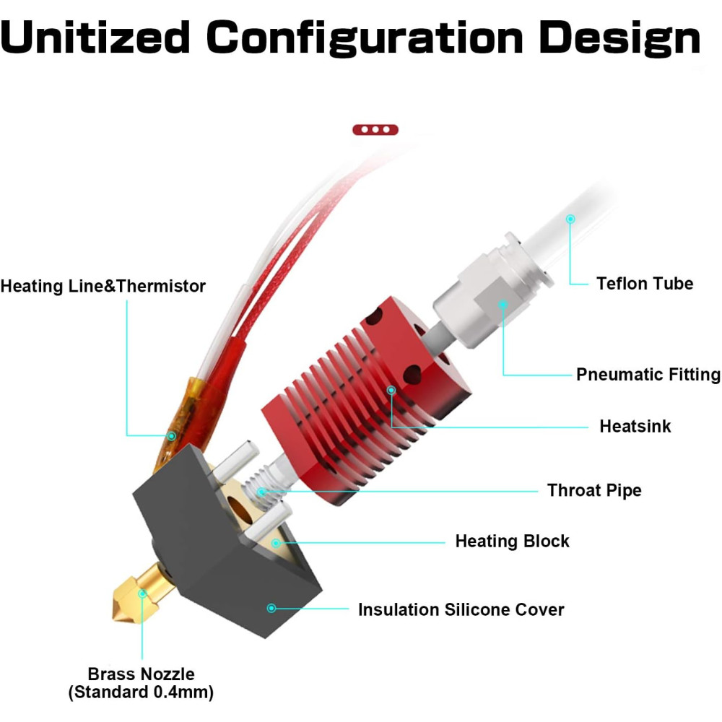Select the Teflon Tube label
[645, 283]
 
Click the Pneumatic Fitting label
[648, 374]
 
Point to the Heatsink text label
[635, 427]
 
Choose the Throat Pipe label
[594, 490]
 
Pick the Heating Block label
[512, 541]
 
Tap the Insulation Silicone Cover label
[461, 609]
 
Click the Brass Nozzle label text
[141, 674]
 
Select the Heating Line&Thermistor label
[103, 286]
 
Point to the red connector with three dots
[375, 130]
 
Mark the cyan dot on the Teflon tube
[570, 219]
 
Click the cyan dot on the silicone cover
[271, 608]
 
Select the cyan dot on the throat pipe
[262, 492]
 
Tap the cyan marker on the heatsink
[391, 391]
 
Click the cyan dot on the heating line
[171, 435]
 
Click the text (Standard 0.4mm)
[141, 692]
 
